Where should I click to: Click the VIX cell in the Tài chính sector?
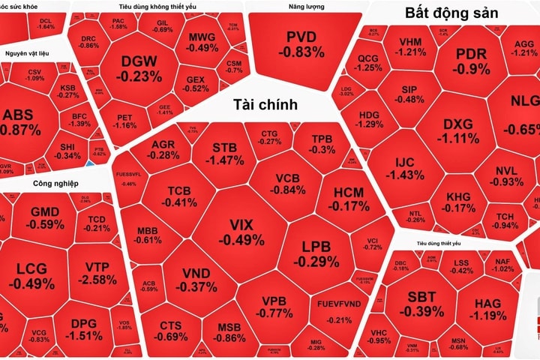(241, 232)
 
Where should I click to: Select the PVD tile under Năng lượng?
(301, 45)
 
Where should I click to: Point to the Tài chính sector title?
(265, 104)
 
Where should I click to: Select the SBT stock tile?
(421, 304)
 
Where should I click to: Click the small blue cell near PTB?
(90, 162)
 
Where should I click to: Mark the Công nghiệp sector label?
(56, 182)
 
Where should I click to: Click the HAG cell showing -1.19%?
(491, 308)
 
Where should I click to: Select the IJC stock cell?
(409, 168)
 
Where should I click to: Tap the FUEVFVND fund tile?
(339, 313)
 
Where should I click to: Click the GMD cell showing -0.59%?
(47, 217)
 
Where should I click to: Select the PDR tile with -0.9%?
(472, 62)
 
